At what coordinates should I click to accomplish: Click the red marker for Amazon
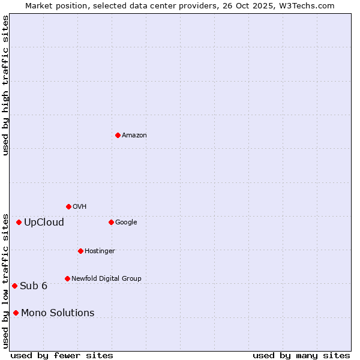click(118, 135)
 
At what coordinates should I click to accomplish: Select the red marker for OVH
click(68, 206)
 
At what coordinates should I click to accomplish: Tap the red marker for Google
click(111, 222)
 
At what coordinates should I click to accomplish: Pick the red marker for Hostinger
click(80, 251)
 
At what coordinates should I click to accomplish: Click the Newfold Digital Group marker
click(67, 278)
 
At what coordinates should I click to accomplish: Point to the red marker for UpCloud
click(19, 222)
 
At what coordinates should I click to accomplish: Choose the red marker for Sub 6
click(14, 286)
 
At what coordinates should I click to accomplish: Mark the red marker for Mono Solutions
click(16, 313)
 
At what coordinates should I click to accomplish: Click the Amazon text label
click(134, 136)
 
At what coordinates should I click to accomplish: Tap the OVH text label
click(80, 207)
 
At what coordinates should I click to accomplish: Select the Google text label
click(126, 223)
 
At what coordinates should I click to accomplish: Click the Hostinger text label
click(100, 251)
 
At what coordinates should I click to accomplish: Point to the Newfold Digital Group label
click(106, 278)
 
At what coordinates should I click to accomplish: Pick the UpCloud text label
click(44, 223)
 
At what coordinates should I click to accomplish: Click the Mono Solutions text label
click(58, 313)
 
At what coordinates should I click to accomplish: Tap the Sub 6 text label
click(34, 286)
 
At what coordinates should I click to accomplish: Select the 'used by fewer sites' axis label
click(62, 355)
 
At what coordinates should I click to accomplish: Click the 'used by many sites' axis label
click(301, 355)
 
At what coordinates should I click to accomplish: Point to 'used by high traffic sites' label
click(5, 85)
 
